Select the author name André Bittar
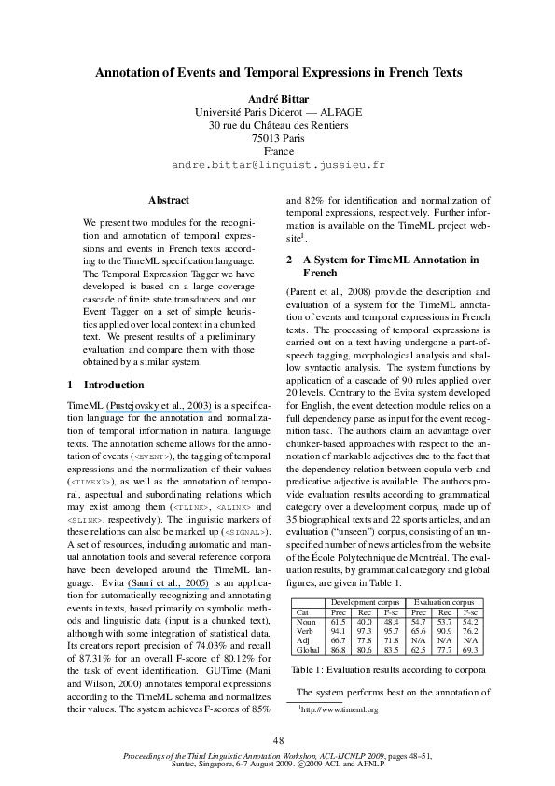(277, 98)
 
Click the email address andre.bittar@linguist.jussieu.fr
(278, 164)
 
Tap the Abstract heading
(169, 200)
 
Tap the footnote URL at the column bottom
(340, 710)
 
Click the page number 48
(278, 740)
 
